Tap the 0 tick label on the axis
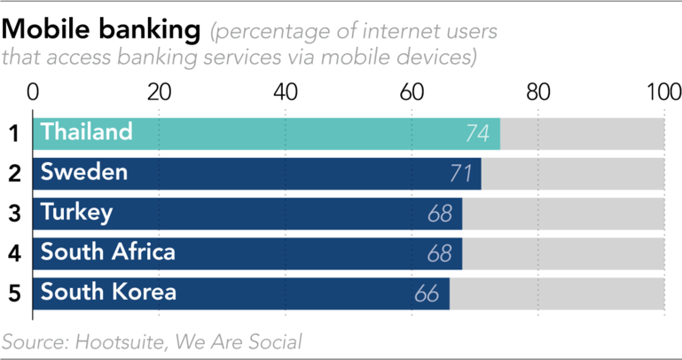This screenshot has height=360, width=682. tap(33, 91)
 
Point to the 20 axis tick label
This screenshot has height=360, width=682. tap(159, 91)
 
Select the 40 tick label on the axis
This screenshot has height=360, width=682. tap(285, 91)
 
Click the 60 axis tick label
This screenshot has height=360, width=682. tap(412, 91)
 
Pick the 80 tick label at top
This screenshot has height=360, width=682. tap(537, 91)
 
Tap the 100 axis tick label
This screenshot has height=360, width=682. tap(663, 91)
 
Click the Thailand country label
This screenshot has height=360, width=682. tap(87, 132)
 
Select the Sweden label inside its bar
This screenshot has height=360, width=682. tap(84, 172)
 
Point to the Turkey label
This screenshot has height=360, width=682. tap(76, 212)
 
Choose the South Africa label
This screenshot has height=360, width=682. tap(108, 252)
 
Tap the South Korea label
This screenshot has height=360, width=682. tap(108, 292)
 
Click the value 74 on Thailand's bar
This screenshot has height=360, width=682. tap(478, 134)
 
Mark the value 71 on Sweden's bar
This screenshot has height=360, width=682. tap(459, 174)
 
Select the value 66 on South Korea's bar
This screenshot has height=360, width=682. tap(427, 293)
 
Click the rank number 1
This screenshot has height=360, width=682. tap(14, 134)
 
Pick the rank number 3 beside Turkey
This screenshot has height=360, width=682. tap(14, 214)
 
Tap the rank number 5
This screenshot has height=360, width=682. tap(14, 293)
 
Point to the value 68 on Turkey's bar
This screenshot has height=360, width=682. tap(440, 214)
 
